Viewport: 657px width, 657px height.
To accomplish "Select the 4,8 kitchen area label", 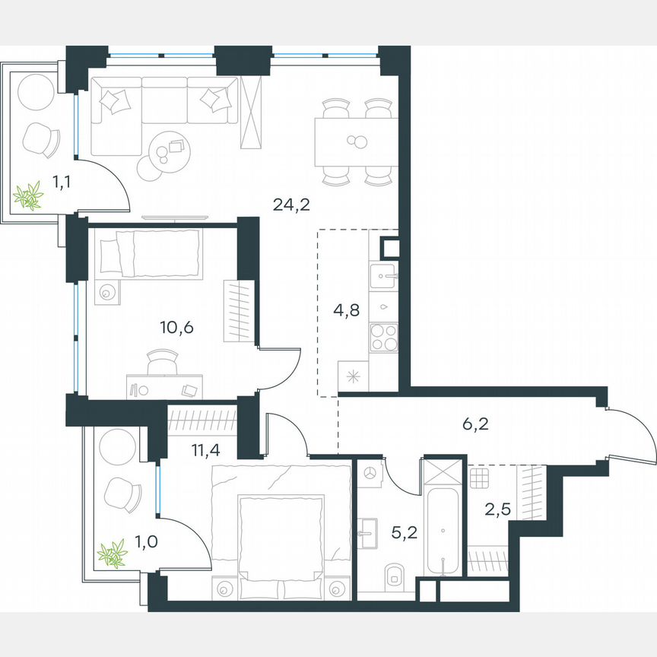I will (x=346, y=309).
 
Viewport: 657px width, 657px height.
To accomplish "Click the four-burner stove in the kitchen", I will (x=383, y=335).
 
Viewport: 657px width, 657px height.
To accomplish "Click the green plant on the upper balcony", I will (x=29, y=197).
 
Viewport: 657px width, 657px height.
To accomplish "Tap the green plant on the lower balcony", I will (x=113, y=554).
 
